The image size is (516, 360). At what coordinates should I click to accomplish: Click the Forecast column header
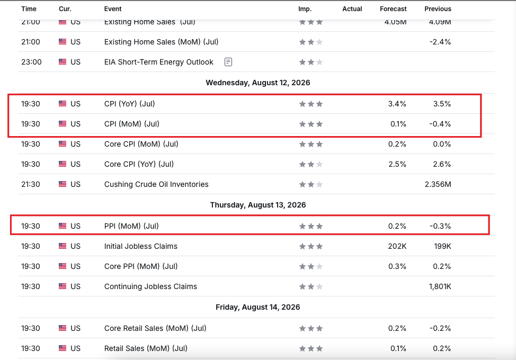point(393,9)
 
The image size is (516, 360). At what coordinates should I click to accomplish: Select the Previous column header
point(438,9)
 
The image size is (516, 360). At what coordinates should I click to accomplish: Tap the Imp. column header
point(305,9)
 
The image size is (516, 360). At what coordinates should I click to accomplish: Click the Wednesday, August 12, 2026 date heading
point(258,83)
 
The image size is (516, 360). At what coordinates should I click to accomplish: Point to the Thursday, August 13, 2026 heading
point(258,205)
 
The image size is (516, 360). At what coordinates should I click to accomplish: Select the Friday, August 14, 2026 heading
point(258,307)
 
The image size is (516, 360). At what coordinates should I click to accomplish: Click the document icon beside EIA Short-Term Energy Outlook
point(228,62)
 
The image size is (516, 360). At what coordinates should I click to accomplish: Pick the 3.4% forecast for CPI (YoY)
point(397,104)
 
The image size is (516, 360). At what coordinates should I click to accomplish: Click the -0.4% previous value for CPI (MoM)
point(440,124)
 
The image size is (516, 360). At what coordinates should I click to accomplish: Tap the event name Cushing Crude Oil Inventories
point(156,184)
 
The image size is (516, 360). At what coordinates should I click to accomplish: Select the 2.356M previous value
point(438,184)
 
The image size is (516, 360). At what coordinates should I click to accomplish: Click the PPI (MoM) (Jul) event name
point(131,226)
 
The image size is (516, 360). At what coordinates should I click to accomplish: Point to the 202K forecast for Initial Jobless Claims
point(397,246)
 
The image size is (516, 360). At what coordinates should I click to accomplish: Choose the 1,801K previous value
point(440,286)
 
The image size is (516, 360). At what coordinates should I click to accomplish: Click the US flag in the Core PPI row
point(63,266)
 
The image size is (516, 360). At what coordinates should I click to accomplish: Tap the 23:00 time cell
point(32,62)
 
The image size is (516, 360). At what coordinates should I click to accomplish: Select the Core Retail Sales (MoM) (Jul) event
point(155,328)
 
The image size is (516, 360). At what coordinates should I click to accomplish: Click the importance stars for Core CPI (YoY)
point(310,164)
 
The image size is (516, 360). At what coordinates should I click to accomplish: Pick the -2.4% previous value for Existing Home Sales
point(440,42)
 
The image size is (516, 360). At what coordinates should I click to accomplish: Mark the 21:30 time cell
point(31,184)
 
